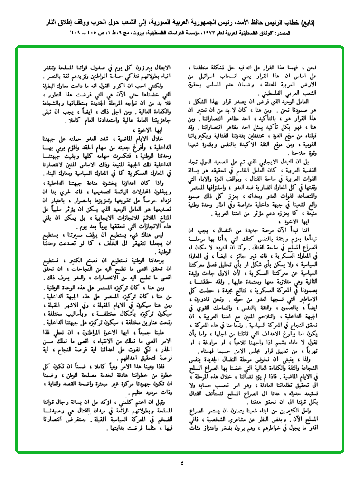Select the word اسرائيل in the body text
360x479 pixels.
point(213,76)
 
